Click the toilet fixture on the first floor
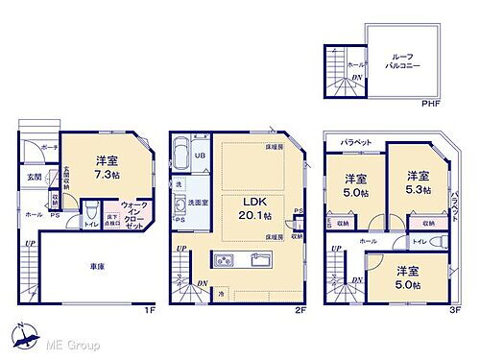point(89,209)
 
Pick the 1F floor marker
point(148,309)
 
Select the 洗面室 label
point(197,203)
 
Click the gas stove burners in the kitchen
point(223,259)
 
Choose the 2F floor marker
point(300,309)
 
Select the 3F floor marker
point(455,309)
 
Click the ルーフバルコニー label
point(401,63)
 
